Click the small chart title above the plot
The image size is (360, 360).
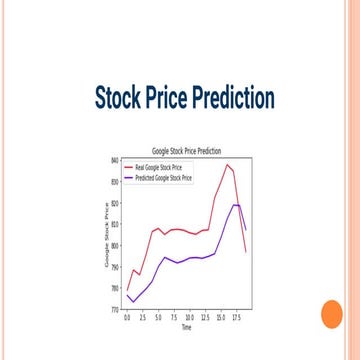186,150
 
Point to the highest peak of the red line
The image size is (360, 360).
228,165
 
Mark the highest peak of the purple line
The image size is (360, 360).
236,204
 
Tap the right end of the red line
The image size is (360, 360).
246,252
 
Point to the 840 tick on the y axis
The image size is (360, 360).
115,160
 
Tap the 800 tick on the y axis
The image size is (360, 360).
115,245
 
